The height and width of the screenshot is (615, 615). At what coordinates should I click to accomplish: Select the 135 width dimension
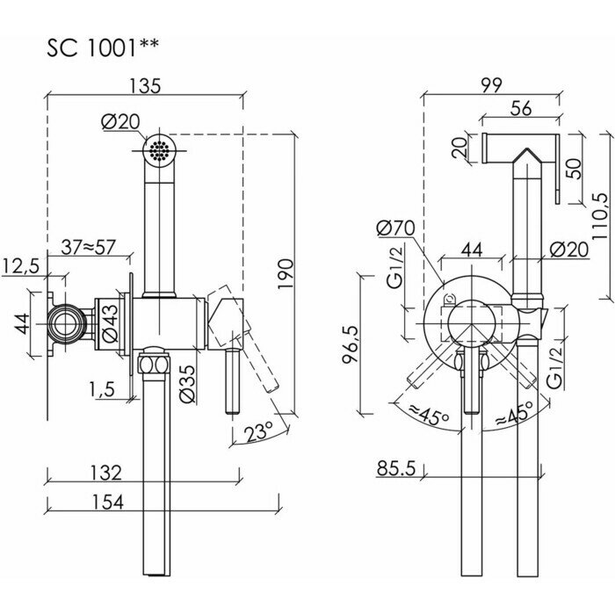tap(147, 86)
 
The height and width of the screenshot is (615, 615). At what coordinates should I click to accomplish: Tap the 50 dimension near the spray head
tap(574, 167)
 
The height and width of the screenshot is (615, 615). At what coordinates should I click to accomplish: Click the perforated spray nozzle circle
tap(157, 149)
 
